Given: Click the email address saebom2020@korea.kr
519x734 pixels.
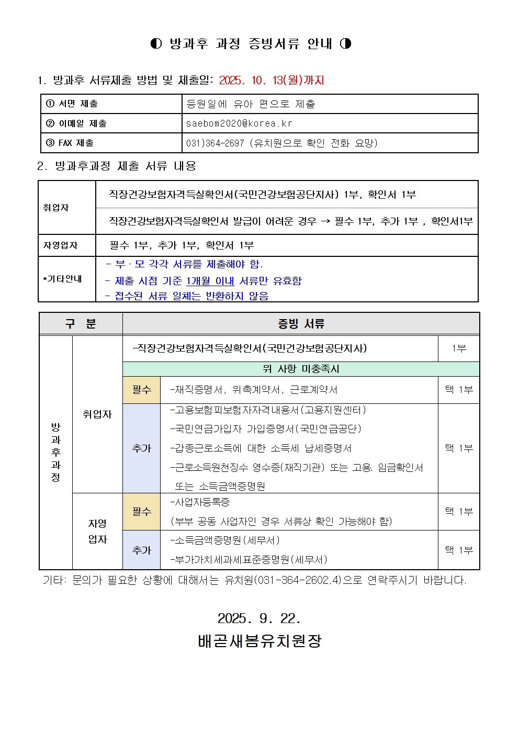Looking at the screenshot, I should (239, 123).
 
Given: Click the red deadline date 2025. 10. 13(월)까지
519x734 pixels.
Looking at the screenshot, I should (272, 80).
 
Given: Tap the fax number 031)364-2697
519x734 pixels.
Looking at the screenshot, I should (215, 143).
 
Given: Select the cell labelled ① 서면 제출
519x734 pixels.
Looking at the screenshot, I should (72, 104).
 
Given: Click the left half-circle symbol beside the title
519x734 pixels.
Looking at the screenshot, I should (156, 43).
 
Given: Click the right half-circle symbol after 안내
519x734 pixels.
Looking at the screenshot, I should (345, 43).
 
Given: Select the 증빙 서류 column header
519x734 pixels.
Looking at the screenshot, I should (301, 324).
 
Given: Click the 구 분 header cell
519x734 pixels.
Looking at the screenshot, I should (81, 324).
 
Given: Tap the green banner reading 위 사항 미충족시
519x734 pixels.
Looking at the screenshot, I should (301, 369).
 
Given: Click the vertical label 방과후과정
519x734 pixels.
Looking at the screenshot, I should (55, 452).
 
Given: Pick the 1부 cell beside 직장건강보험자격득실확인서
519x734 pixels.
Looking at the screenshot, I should (459, 348).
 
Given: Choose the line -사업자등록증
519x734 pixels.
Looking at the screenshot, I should (200, 502).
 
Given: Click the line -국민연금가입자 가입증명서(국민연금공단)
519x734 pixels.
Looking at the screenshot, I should (266, 429).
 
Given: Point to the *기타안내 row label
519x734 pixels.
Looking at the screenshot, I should (63, 279).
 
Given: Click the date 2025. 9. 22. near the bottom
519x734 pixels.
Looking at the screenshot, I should (259, 618).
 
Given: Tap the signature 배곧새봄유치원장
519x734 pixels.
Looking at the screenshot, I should (259, 640).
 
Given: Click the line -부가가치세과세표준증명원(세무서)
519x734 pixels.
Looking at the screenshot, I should (249, 559).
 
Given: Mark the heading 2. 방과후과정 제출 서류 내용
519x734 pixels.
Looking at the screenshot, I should (117, 166).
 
